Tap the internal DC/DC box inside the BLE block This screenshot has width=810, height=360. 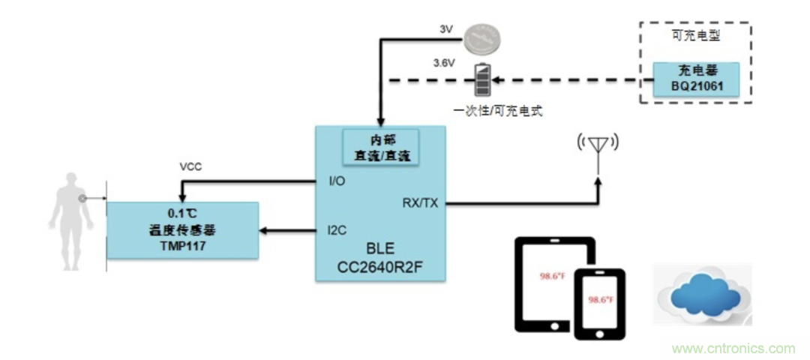click(x=379, y=147)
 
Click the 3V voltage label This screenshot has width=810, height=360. click(x=445, y=28)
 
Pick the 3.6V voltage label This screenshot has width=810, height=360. click(x=443, y=63)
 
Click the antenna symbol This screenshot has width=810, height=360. click(x=598, y=145)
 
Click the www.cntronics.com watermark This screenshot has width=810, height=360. click(x=733, y=349)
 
